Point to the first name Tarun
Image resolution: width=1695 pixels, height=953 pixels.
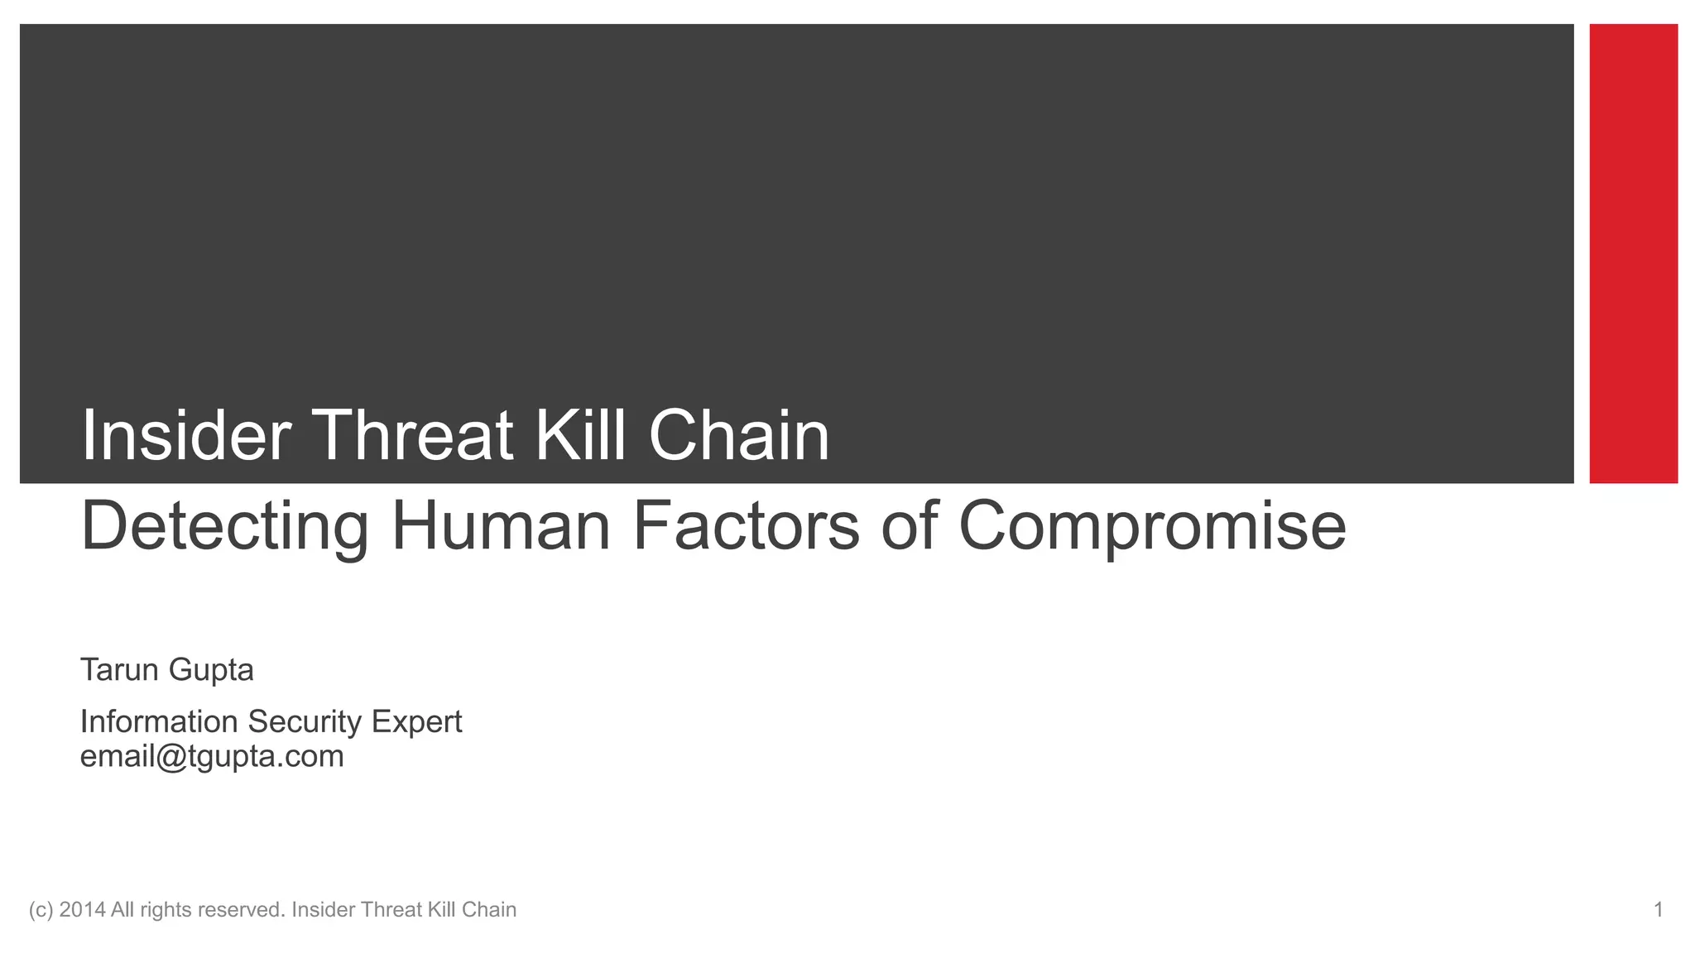119,669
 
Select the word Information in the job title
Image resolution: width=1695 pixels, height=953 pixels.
159,721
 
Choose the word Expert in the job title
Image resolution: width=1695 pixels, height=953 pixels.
416,723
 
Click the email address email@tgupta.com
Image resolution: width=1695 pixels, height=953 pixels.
212,757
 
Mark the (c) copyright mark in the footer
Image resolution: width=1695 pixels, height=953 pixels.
41,910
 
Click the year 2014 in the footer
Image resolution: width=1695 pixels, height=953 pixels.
82,910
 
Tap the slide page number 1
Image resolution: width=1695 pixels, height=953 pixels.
1658,910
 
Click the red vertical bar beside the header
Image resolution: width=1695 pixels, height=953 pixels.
1633,253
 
